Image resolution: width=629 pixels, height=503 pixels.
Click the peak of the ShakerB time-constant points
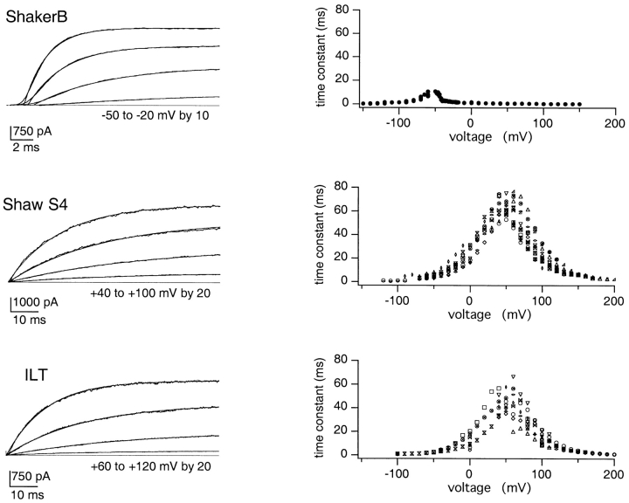429,90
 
